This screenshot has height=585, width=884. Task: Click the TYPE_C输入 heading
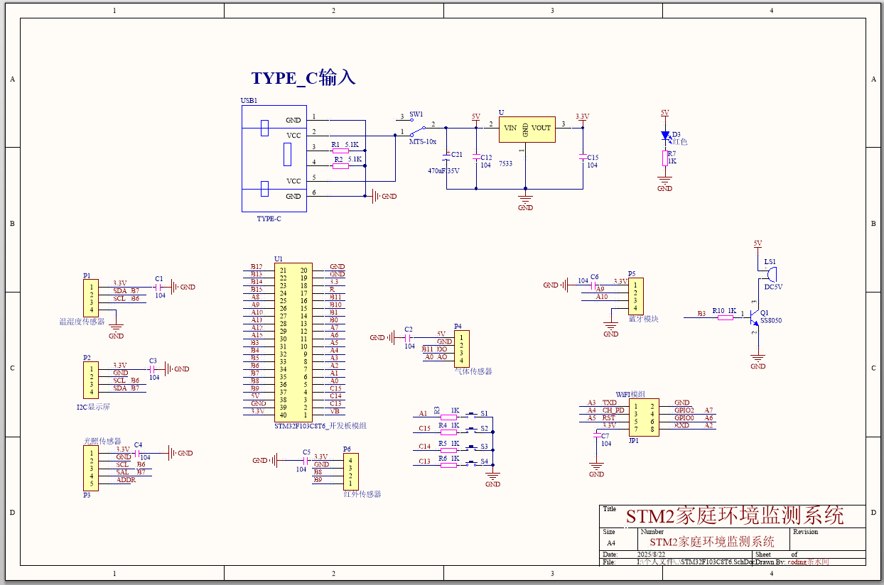click(303, 77)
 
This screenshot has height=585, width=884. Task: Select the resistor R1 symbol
click(340, 151)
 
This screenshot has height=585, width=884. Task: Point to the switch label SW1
click(416, 114)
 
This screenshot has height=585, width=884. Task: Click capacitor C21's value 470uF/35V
click(443, 171)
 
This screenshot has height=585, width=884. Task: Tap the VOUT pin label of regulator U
click(541, 129)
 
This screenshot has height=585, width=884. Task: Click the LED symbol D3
click(665, 135)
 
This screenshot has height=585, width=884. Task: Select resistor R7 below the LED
click(665, 158)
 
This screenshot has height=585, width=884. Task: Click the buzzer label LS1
click(770, 262)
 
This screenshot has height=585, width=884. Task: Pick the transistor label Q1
click(765, 312)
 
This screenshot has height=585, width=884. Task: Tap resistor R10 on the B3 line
click(725, 318)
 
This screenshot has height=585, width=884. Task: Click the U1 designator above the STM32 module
click(279, 259)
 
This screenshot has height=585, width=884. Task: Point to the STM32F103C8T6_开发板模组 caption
click(320, 426)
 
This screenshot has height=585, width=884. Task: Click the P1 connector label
click(87, 275)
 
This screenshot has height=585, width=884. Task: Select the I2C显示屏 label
click(93, 408)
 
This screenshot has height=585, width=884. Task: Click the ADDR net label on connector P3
click(126, 481)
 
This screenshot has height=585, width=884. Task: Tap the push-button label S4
click(484, 461)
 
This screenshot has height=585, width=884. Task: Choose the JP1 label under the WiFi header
click(634, 440)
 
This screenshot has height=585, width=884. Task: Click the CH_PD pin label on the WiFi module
click(613, 410)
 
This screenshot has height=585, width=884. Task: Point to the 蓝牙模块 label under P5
click(643, 319)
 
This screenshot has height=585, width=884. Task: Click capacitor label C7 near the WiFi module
click(605, 436)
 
